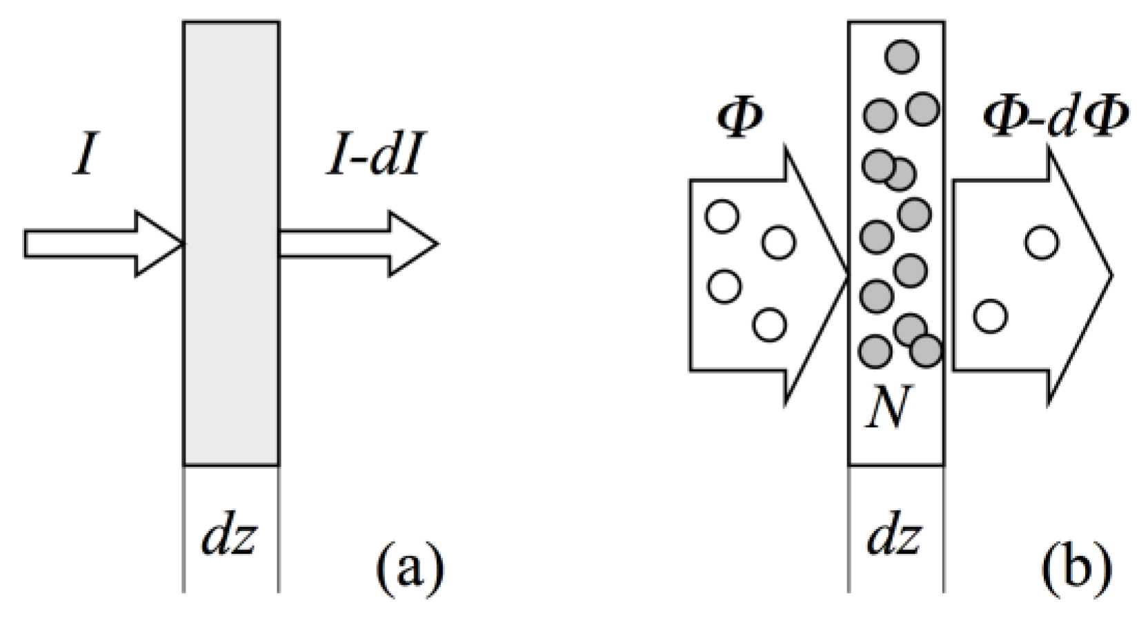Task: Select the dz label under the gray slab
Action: pyautogui.click(x=229, y=537)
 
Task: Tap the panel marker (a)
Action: pyautogui.click(x=408, y=570)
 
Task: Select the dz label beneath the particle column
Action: pyautogui.click(x=894, y=537)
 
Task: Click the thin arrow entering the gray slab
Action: pyautogui.click(x=103, y=244)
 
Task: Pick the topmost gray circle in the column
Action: pyautogui.click(x=902, y=56)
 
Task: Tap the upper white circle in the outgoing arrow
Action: pyautogui.click(x=1041, y=242)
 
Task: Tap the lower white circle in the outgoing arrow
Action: pyautogui.click(x=990, y=316)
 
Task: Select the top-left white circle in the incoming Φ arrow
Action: pyautogui.click(x=722, y=216)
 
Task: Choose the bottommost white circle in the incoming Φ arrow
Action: pyautogui.click(x=769, y=325)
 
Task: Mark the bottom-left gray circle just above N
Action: pyautogui.click(x=875, y=351)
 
